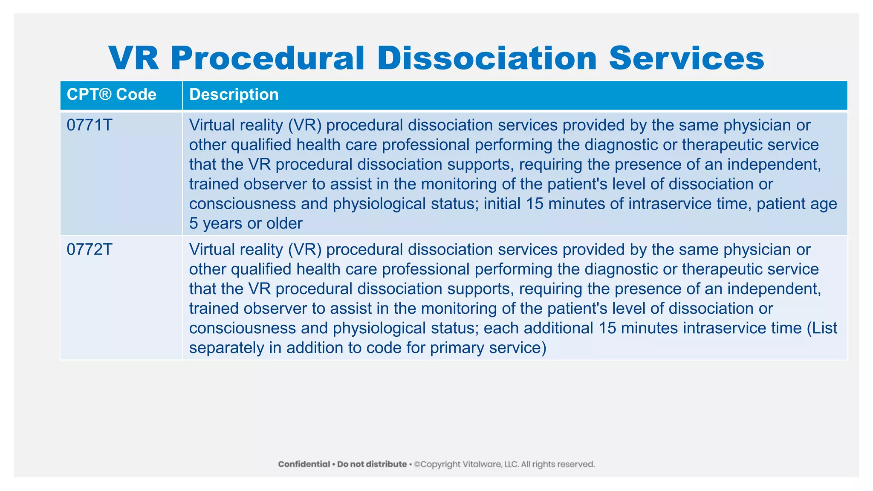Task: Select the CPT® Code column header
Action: click(112, 95)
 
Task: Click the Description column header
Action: click(234, 95)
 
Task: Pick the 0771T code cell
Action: click(90, 125)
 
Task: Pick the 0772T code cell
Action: click(90, 250)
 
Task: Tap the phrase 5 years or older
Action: click(246, 223)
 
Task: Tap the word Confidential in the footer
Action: click(304, 464)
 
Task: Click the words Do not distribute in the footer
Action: click(372, 464)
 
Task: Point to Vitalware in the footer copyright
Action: click(482, 464)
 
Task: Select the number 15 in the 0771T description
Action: click(535, 204)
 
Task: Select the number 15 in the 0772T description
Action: click(607, 328)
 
